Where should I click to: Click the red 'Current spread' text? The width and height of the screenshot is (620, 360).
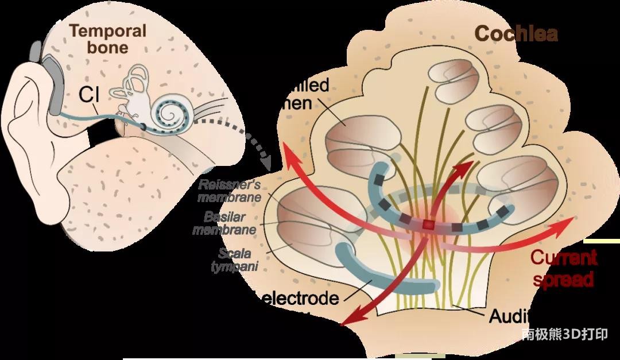563,268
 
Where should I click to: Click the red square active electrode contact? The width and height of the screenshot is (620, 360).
427,225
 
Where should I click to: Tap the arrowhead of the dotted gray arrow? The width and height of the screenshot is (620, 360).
265,164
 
